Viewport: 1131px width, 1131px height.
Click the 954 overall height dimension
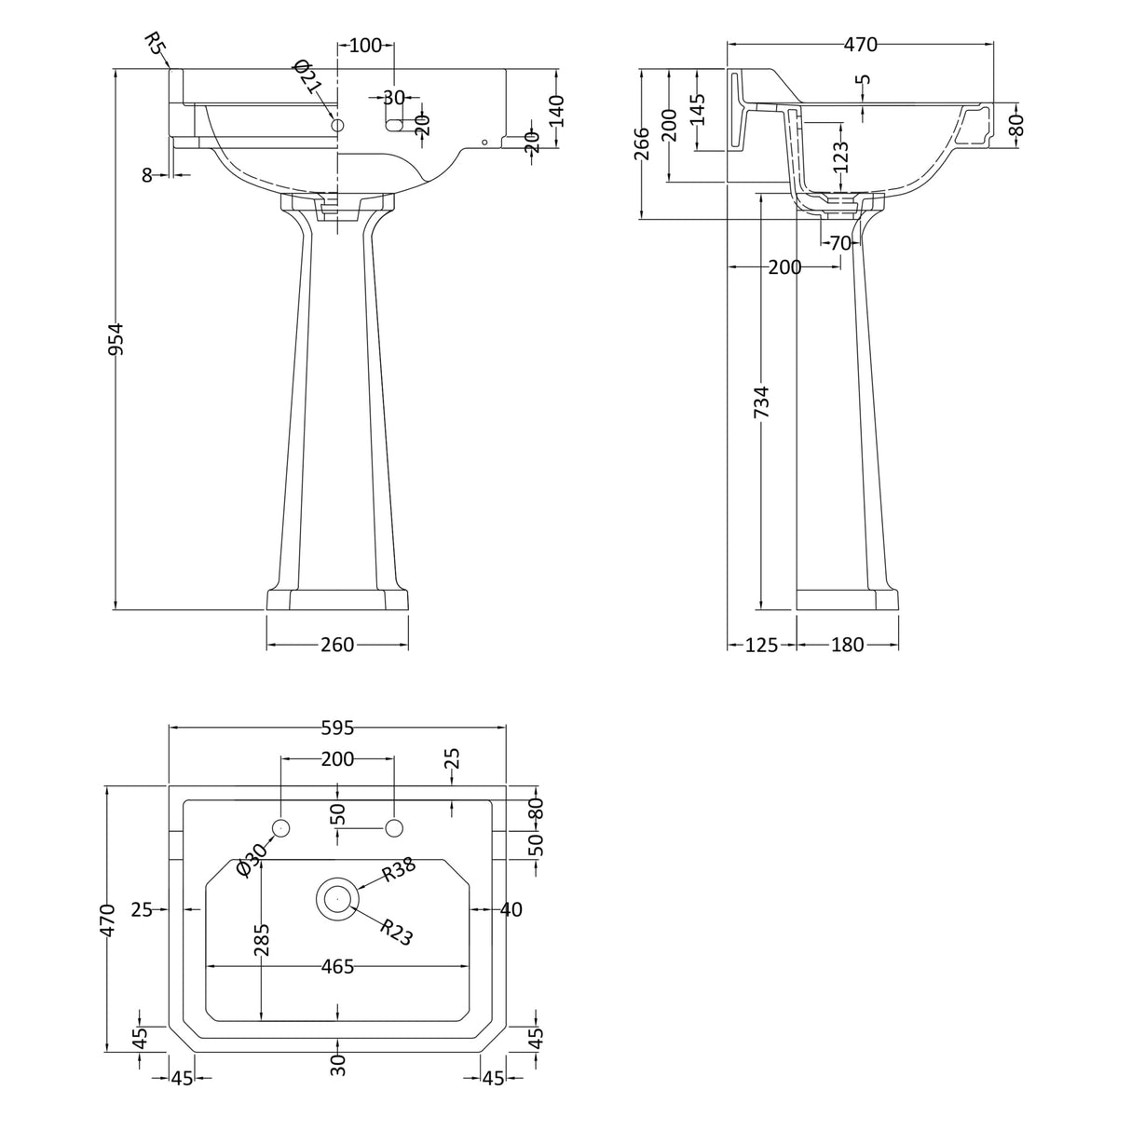pos(116,339)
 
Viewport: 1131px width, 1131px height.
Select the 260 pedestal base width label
pos(337,645)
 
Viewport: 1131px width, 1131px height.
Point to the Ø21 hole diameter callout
pos(307,76)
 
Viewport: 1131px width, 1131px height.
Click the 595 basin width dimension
pos(337,728)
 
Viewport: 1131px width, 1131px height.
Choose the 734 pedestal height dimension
pos(761,402)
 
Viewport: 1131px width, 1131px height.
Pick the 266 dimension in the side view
pos(642,143)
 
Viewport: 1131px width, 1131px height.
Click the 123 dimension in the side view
pos(841,157)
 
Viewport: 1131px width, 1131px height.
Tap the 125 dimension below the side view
pos(761,645)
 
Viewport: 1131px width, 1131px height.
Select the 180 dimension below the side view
pos(848,645)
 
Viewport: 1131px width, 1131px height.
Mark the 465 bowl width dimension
pos(337,967)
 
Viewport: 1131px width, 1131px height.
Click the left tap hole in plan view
pos(281,827)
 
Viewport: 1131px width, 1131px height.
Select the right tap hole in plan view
pos(394,827)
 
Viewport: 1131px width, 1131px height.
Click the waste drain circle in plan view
pos(337,899)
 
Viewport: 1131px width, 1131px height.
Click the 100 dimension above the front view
pos(365,46)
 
